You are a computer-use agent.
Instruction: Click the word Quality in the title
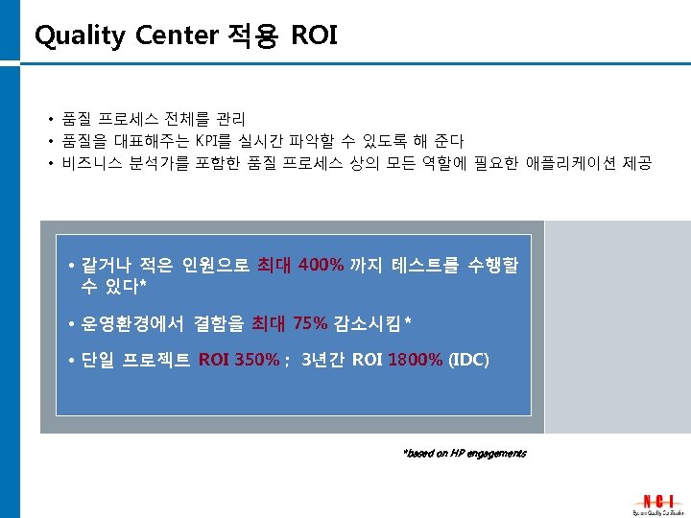point(80,36)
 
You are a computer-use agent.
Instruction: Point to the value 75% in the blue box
point(310,323)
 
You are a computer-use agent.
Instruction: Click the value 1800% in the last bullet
point(415,360)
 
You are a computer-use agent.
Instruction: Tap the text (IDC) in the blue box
point(468,360)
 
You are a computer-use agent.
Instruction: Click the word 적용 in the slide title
point(253,36)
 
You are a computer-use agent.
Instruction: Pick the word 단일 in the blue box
point(97,360)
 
